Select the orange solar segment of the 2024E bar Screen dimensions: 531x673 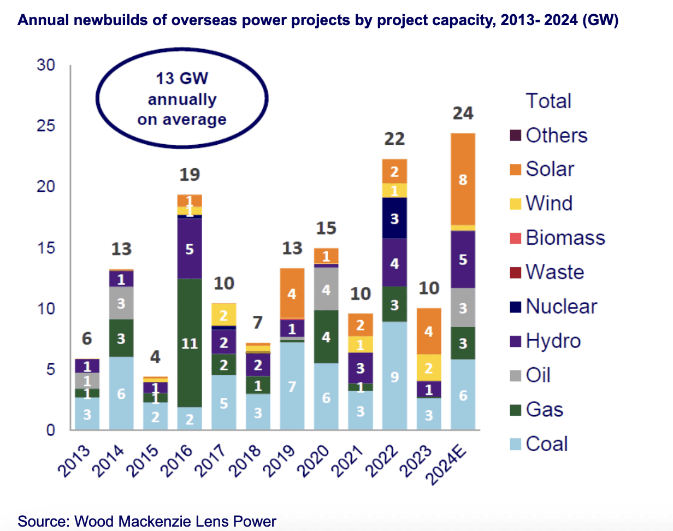click(x=463, y=179)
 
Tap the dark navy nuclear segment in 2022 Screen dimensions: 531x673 click(x=394, y=218)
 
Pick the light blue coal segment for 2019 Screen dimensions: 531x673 click(x=292, y=386)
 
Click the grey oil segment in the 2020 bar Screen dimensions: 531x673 click(x=326, y=289)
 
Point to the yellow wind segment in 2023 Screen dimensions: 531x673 click(x=429, y=368)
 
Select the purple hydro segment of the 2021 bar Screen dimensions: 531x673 click(x=361, y=368)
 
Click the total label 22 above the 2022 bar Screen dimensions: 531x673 click(x=394, y=139)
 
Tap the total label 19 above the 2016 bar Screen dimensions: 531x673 click(x=190, y=175)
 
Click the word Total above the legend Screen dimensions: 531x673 click(x=548, y=102)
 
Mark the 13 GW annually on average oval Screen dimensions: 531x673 click(x=182, y=99)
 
